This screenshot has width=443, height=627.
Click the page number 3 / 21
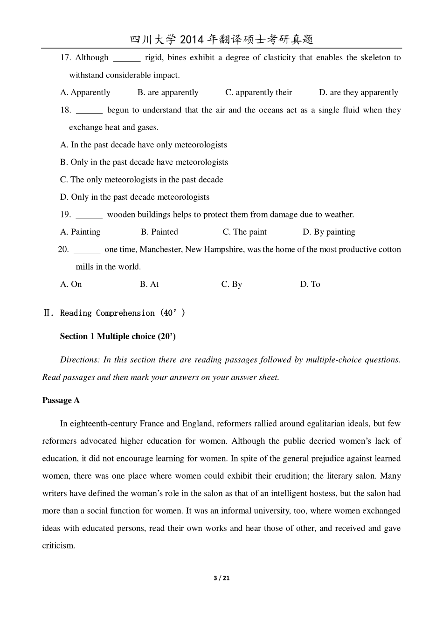pos(221,578)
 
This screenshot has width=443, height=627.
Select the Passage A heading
pos(61,400)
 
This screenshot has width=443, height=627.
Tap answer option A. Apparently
pos(85,92)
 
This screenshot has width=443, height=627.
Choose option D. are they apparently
pos(358,92)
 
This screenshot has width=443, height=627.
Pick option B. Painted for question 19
pos(159,232)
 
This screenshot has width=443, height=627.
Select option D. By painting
pos(329,232)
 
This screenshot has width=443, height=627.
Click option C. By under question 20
pos(232,284)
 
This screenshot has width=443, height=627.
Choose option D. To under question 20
pos(310,284)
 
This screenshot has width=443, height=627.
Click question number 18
pos(65,110)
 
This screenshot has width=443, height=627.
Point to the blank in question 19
pos(89,215)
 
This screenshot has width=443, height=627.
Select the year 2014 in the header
pos(191,40)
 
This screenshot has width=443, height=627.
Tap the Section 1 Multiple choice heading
pos(118,336)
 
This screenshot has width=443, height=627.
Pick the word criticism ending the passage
pos(58,545)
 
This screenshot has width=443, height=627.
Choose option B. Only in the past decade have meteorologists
pos(144,162)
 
